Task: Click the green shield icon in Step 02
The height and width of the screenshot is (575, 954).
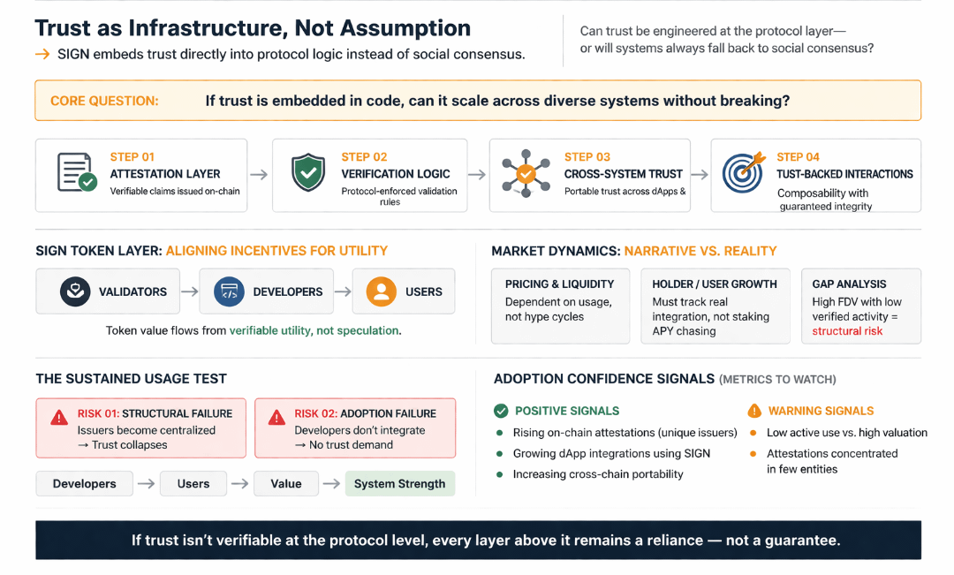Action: point(307,173)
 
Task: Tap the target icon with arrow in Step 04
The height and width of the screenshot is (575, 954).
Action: point(742,173)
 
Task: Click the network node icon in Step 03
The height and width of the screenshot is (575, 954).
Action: point(525,174)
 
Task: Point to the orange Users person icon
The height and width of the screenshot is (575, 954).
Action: point(381,291)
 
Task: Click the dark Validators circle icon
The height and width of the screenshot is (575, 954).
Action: point(75,291)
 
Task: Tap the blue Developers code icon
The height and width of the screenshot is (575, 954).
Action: point(229,291)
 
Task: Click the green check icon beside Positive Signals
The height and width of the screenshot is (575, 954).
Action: point(501,411)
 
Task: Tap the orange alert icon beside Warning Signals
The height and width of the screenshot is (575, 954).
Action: point(754,411)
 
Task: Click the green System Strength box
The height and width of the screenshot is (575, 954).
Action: point(399,483)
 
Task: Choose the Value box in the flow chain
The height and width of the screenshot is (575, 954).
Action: point(285,483)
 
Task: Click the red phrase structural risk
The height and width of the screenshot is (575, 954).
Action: point(847,331)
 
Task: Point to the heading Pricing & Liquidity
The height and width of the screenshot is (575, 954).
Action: point(559,284)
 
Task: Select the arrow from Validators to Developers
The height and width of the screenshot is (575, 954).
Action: point(188,291)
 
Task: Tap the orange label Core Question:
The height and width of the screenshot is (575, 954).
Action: point(104,101)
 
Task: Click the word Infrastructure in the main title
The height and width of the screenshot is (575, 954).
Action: point(202,28)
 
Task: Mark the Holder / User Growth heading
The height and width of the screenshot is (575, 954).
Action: point(715,284)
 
